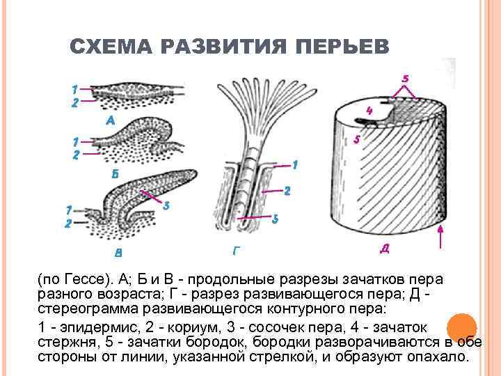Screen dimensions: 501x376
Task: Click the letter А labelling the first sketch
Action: [x=110, y=120]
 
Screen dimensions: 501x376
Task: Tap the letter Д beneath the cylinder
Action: [x=385, y=247]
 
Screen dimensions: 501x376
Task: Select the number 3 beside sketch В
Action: [x=167, y=205]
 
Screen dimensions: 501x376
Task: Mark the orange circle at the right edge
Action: [x=460, y=328]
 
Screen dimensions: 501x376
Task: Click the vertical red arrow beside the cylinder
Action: [x=441, y=237]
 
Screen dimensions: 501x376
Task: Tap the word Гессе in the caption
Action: [x=84, y=279]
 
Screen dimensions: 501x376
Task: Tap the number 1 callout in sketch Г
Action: [x=295, y=165]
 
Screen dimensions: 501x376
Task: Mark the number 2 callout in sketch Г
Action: [x=286, y=190]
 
